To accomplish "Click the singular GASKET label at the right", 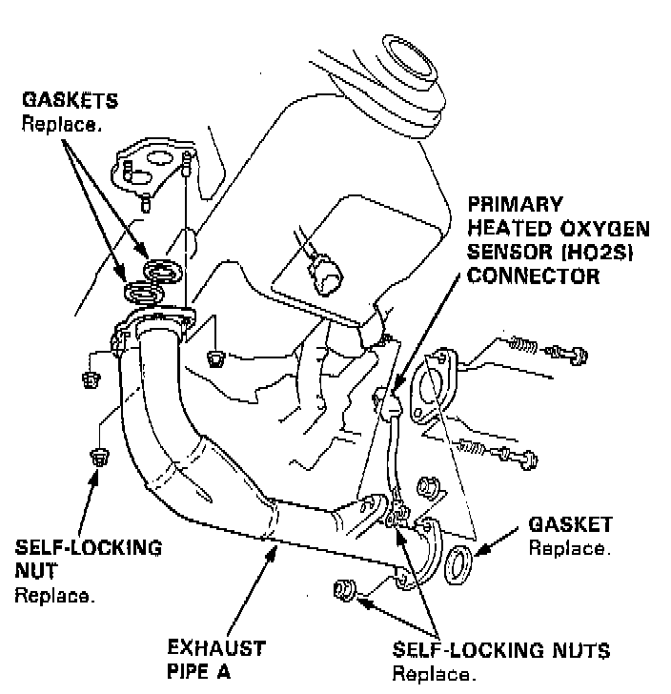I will click(x=570, y=526).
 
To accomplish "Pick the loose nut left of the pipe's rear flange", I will click(x=344, y=590).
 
